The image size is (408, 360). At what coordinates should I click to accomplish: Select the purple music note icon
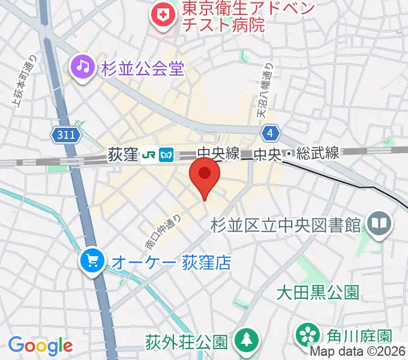[x=81, y=67]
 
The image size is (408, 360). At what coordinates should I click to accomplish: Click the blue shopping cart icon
[x=92, y=261]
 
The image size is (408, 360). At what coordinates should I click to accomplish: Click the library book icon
[x=380, y=224]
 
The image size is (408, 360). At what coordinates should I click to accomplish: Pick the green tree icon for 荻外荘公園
[x=246, y=341]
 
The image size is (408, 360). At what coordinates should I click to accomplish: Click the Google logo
[x=40, y=346]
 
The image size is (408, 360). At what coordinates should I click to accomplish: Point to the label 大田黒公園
[x=317, y=292]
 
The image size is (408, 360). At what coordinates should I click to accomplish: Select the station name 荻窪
[x=124, y=156]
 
